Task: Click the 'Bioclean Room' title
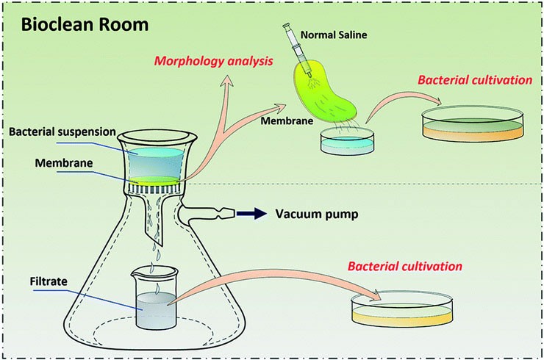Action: [x=85, y=24]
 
